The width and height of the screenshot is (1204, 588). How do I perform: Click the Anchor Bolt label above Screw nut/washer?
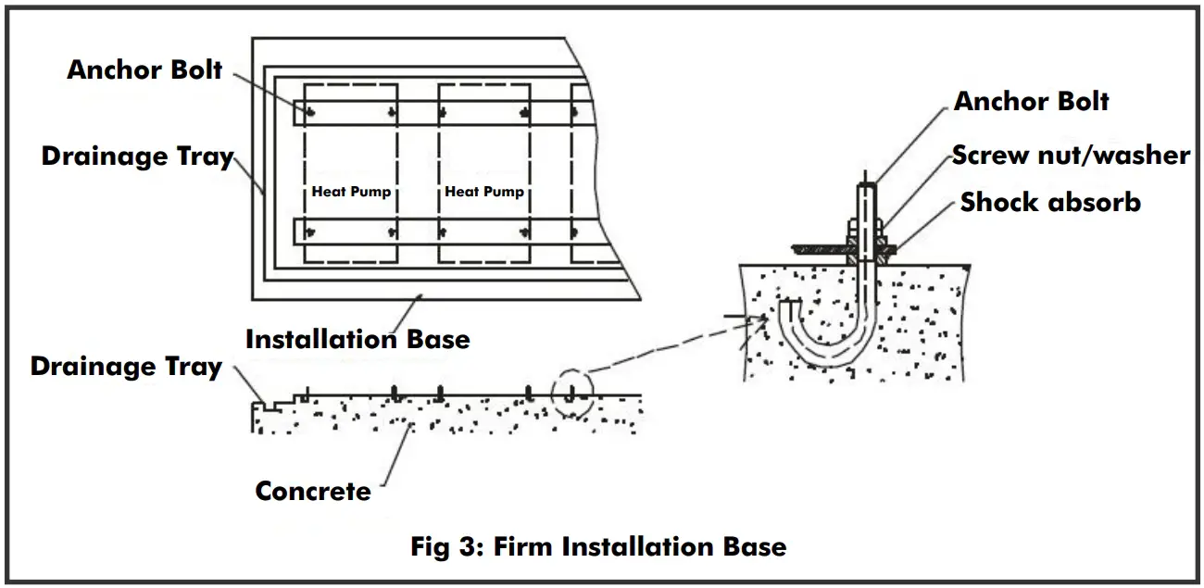pos(1031,101)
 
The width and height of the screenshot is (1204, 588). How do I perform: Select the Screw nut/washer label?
pos(1071,155)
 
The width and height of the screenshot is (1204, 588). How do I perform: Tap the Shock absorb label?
pos(1050,202)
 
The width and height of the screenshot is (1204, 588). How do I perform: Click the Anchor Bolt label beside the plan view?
pos(144,69)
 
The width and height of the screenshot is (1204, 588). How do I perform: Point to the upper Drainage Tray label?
pos(137,156)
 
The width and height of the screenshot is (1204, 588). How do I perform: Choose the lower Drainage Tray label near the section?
pos(126,367)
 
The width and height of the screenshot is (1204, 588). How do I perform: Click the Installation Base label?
pos(357,339)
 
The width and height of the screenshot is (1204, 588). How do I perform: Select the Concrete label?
pos(313,491)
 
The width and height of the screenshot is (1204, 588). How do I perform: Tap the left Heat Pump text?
pos(351,192)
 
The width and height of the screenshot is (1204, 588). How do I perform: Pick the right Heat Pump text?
pos(484,192)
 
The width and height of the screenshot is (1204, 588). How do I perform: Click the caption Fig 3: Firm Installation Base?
pos(598,546)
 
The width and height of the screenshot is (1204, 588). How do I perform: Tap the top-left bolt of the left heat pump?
pos(311,114)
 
